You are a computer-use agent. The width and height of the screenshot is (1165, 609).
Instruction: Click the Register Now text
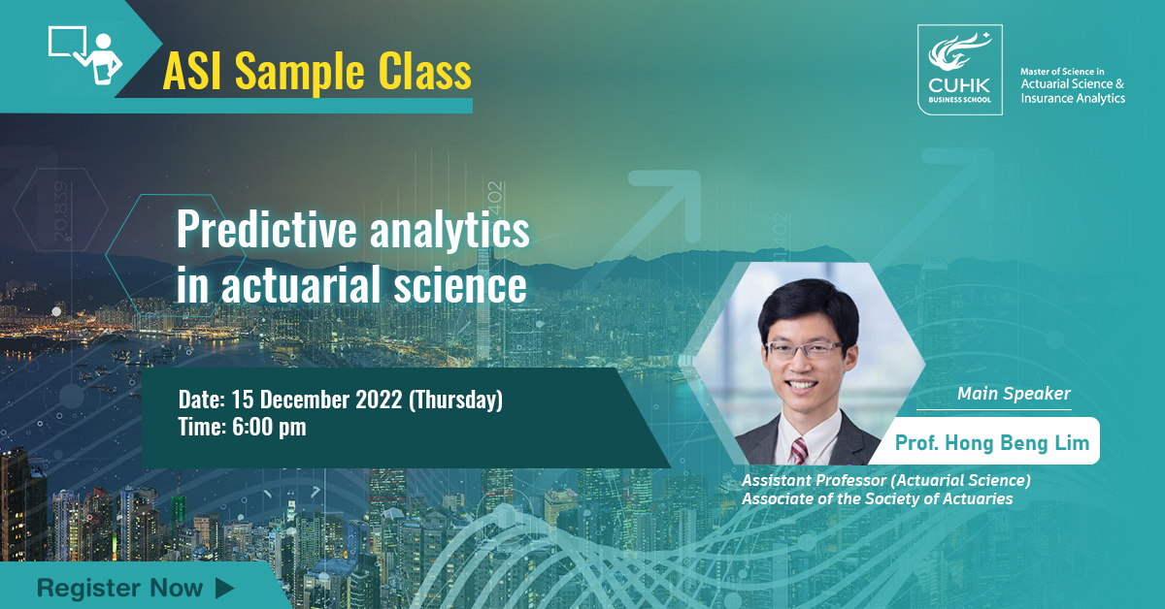[x=119, y=589]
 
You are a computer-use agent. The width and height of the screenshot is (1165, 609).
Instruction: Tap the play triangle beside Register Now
[x=224, y=589]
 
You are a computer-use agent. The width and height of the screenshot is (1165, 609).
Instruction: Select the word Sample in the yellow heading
[x=299, y=72]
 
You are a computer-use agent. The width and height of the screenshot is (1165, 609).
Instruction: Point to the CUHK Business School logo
[x=959, y=70]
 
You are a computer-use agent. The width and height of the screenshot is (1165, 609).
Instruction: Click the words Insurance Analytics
[x=1073, y=98]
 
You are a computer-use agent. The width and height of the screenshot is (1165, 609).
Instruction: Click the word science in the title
[x=460, y=285]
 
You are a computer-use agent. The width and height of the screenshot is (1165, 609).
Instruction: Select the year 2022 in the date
[x=379, y=400]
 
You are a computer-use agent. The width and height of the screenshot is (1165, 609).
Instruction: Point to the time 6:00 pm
[x=269, y=428]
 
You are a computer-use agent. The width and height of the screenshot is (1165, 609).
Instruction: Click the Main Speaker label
[x=1014, y=394]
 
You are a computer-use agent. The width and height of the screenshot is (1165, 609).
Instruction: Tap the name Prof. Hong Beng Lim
[x=992, y=443]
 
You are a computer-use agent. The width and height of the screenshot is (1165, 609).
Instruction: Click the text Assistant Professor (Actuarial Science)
[x=886, y=480]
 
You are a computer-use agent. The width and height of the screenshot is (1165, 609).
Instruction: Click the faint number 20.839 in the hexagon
[x=61, y=211]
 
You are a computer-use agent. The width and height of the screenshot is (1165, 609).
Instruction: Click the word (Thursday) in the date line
[x=455, y=400]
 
